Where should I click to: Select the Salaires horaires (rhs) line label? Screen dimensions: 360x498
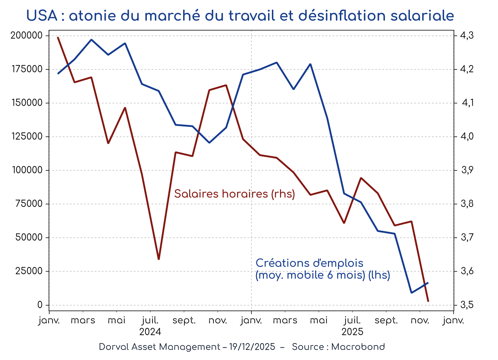235,194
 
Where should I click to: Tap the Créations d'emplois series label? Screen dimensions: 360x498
309,263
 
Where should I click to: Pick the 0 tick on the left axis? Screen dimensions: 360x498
40,305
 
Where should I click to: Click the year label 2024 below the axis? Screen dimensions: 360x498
150,332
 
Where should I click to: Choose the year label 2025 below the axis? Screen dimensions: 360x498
352,332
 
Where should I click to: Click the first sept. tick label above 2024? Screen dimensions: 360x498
184,321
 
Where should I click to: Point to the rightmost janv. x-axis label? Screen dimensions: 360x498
453,321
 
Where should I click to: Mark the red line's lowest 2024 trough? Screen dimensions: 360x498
158,259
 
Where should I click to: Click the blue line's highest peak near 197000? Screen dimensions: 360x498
91,40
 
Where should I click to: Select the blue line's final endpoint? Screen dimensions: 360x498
428,283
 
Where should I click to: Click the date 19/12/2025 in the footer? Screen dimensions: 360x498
252,347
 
